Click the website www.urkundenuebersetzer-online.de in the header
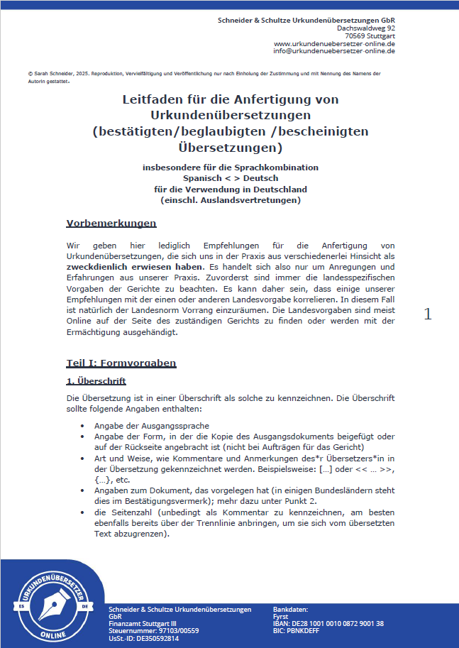point(334,43)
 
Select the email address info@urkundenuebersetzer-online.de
point(334,51)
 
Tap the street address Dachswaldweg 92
point(366,28)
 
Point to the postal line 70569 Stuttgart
point(370,35)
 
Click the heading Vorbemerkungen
point(111,224)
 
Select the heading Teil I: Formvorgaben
point(121,363)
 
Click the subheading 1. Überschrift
point(96,381)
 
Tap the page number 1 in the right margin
point(427,314)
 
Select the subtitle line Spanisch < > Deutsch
point(230,178)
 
